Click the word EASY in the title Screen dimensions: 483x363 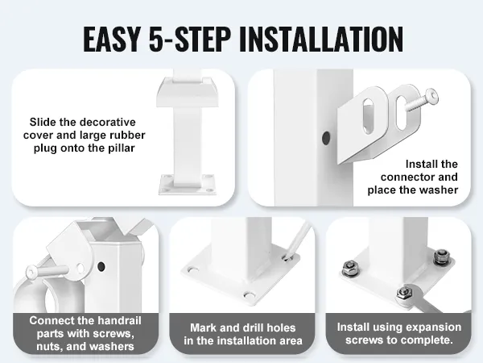(111, 40)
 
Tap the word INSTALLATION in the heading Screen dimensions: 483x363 (320, 40)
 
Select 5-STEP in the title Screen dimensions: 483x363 (190, 40)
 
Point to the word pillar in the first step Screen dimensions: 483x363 (122, 148)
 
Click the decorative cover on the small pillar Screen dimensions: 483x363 (188, 92)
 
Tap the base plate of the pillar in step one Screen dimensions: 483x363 (187, 185)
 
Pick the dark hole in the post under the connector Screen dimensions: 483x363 (326, 138)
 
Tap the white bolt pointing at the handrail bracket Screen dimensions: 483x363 (46, 271)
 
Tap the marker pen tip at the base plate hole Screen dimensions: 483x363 (287, 257)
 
